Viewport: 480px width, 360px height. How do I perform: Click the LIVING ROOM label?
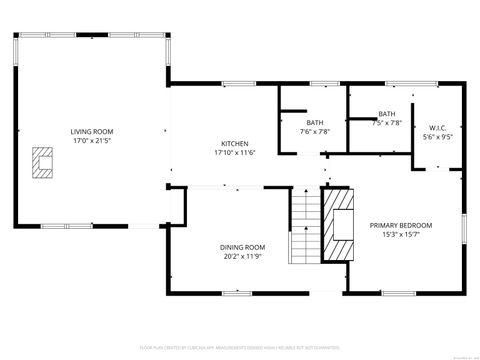click(x=91, y=132)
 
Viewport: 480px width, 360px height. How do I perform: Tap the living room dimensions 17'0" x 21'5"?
click(x=91, y=141)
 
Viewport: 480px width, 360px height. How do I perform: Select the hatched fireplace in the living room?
click(x=43, y=162)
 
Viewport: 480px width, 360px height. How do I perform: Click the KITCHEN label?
click(x=235, y=143)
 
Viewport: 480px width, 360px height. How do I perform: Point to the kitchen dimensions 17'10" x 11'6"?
click(x=235, y=152)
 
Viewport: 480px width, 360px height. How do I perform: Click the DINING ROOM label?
click(x=242, y=247)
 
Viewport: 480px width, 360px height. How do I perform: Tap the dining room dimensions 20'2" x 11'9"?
click(x=242, y=256)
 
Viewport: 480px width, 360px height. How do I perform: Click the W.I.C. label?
click(x=438, y=127)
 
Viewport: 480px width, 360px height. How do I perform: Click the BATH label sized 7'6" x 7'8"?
click(x=315, y=122)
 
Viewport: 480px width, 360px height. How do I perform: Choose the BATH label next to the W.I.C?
click(x=386, y=114)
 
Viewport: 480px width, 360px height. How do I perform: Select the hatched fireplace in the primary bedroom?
click(x=338, y=224)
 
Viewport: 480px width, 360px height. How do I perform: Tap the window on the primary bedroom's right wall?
click(x=465, y=228)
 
